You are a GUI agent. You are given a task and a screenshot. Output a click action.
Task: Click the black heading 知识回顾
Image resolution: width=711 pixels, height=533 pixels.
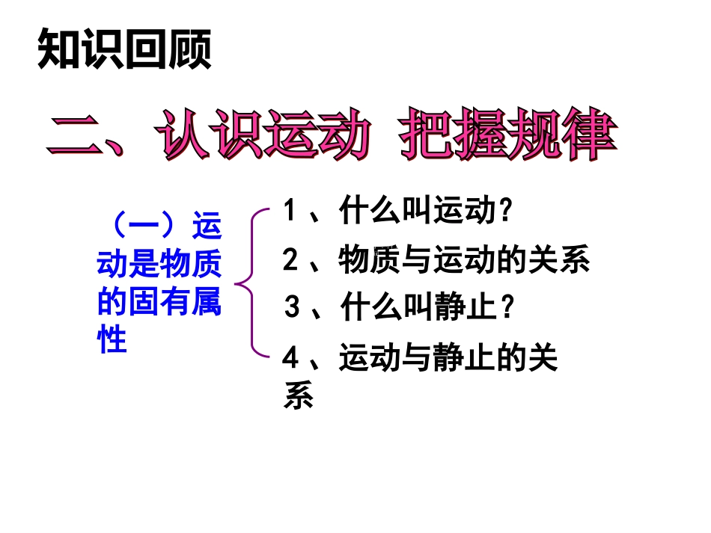[x=124, y=49]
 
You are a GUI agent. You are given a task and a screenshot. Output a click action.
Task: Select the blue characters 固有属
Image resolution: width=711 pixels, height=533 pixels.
[x=174, y=303]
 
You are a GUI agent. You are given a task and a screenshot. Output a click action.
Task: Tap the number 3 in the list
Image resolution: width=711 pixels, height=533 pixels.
[x=292, y=307]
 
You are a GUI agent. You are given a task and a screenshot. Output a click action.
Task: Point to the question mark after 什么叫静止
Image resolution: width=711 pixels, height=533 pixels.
[x=507, y=307]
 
